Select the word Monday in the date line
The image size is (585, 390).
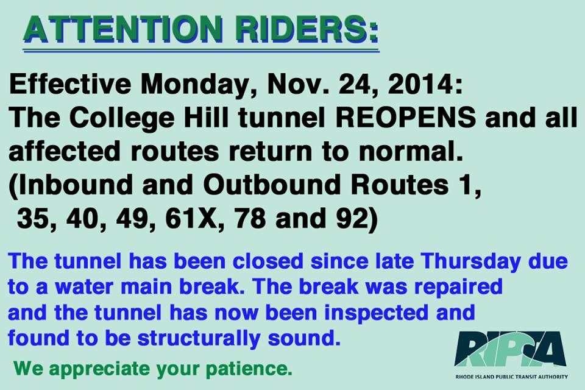[x=195, y=85]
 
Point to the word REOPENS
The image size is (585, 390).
[x=406, y=118]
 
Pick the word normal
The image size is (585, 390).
[x=411, y=151]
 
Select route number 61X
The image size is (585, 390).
[x=191, y=219]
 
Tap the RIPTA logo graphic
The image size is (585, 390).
[x=511, y=349]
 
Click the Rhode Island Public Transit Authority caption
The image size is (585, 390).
[x=511, y=377]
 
